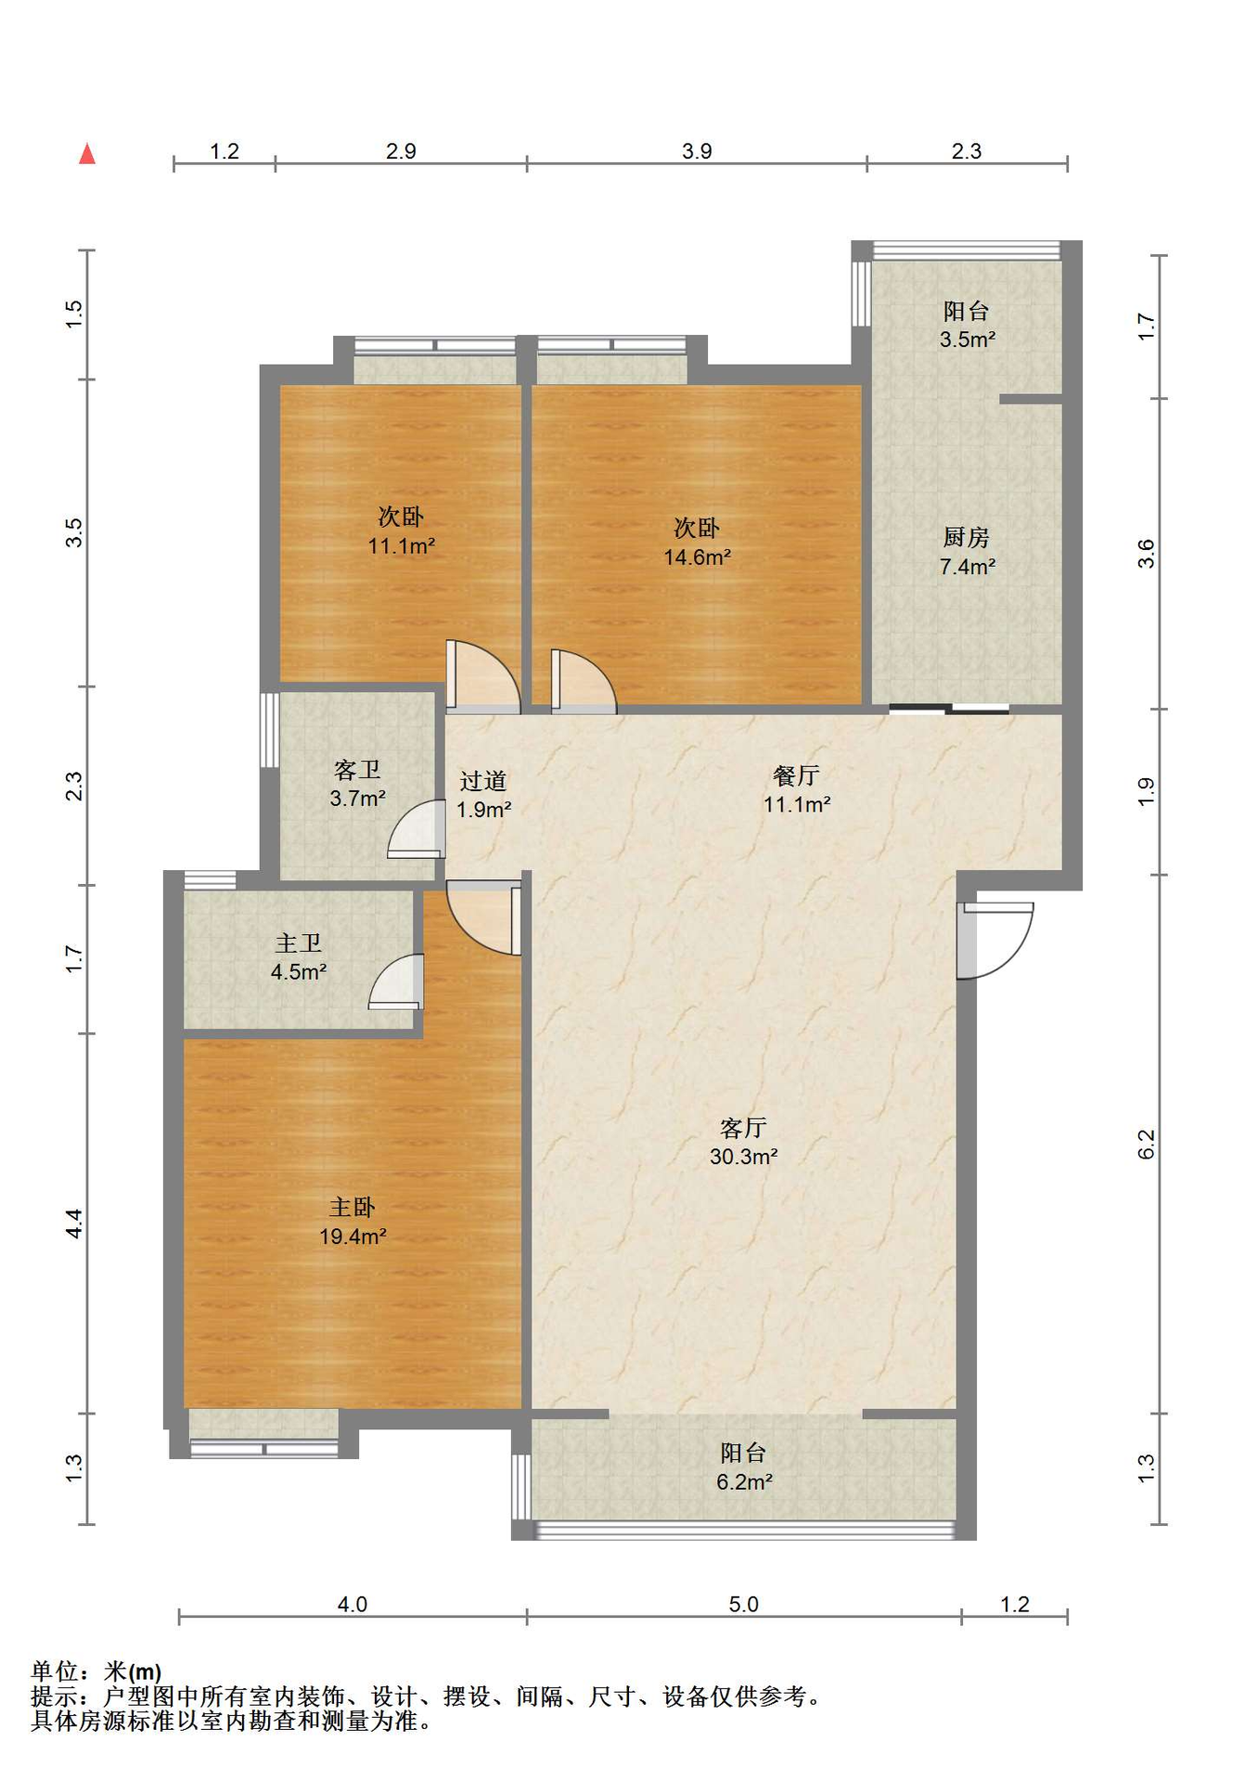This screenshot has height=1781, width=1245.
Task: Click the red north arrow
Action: click(x=87, y=153)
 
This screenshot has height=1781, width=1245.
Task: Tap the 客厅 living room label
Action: click(x=743, y=1127)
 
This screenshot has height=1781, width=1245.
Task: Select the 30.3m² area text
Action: click(x=743, y=1157)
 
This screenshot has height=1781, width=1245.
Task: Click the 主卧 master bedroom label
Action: click(x=353, y=1207)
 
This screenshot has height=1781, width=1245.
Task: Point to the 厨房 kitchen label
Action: click(x=967, y=537)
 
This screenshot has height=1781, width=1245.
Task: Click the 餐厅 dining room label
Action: click(x=796, y=775)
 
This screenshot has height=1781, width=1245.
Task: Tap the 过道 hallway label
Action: click(x=483, y=781)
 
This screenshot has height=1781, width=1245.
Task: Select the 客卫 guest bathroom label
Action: click(x=357, y=770)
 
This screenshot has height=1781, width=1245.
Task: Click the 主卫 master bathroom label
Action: click(x=298, y=943)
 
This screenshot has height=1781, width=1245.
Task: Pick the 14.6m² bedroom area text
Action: click(x=697, y=557)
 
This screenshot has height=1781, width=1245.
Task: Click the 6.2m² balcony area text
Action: click(x=744, y=1482)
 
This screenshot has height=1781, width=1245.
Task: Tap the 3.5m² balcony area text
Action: click(x=967, y=340)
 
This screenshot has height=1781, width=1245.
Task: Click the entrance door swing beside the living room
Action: click(x=995, y=940)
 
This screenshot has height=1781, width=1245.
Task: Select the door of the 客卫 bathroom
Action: click(x=417, y=828)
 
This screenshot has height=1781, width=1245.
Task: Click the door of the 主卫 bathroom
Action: click(x=396, y=981)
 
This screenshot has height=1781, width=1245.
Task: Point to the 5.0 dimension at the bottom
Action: click(x=743, y=1604)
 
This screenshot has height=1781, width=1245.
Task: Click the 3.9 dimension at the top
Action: click(x=697, y=151)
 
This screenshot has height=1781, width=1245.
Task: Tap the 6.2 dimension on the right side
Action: click(x=1147, y=1144)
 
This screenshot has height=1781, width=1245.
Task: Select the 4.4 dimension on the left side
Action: click(x=74, y=1224)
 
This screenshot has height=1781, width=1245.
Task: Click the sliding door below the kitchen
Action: click(x=949, y=711)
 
